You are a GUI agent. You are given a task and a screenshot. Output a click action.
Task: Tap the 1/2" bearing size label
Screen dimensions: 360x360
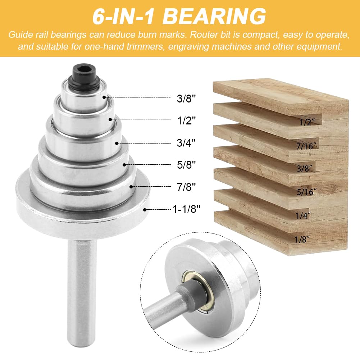coord(187,120)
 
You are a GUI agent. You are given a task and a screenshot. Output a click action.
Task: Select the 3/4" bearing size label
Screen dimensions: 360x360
coord(186,142)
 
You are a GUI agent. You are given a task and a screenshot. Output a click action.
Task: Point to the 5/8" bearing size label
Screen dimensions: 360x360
coord(186,165)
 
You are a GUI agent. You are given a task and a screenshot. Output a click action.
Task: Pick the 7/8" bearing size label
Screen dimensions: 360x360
coord(186,187)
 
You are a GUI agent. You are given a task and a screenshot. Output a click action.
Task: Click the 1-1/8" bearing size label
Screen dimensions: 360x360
coord(186,209)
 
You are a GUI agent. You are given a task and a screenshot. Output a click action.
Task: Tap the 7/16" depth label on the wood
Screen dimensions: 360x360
coord(306,146)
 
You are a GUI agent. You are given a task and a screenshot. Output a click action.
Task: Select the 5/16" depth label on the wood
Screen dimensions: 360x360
coord(306,192)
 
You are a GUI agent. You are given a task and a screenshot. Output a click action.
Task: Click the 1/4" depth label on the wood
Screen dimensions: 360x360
coord(303,215)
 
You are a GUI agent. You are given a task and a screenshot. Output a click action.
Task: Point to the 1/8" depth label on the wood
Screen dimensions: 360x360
coord(302,240)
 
